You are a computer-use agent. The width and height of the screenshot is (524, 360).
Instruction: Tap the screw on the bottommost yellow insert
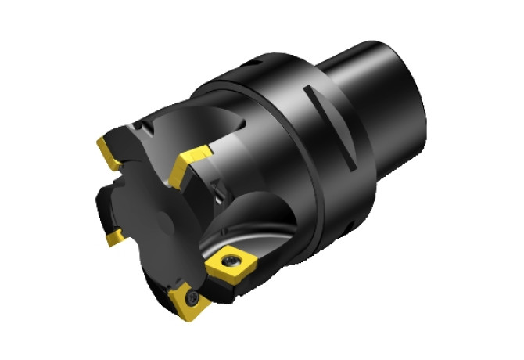click(x=192, y=297)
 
